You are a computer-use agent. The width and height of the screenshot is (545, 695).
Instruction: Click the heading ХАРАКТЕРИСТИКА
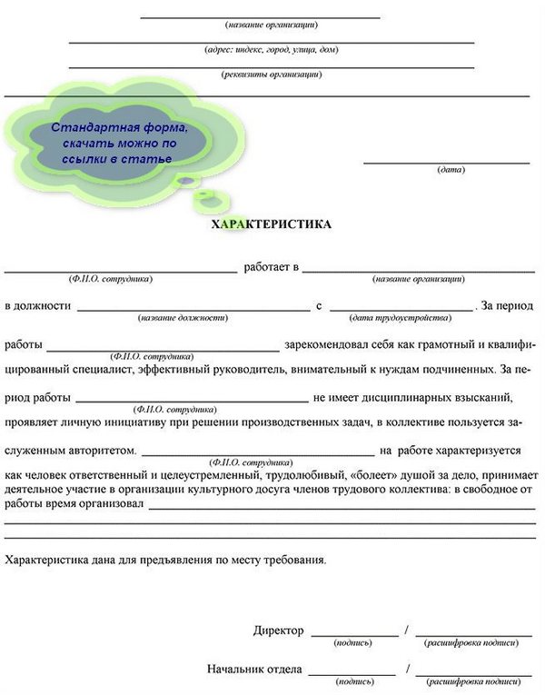click(x=272, y=223)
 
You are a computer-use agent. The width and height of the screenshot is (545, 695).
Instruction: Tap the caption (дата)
click(x=451, y=170)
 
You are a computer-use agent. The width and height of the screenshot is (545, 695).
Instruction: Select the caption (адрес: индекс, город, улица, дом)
click(x=272, y=50)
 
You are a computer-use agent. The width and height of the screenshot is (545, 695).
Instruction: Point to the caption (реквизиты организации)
click(x=272, y=74)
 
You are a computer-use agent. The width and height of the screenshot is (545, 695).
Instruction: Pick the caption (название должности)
click(x=183, y=318)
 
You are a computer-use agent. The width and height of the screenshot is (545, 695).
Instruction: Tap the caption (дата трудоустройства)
click(x=400, y=318)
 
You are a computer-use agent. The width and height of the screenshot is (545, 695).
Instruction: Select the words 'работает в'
click(x=271, y=267)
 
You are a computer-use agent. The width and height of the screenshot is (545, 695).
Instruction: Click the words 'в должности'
click(x=37, y=306)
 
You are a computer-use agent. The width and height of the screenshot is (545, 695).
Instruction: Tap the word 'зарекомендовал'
click(x=326, y=345)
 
